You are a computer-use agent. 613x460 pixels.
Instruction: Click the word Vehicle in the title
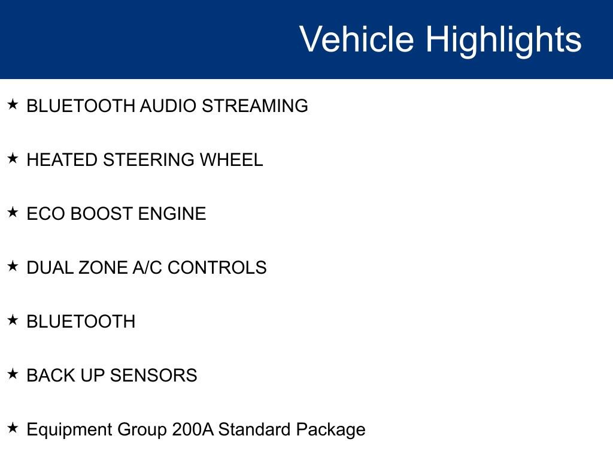pyautogui.click(x=356, y=40)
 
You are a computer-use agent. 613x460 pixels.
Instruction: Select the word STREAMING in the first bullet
pyautogui.click(x=254, y=106)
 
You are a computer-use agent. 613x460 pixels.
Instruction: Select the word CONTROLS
pyautogui.click(x=217, y=268)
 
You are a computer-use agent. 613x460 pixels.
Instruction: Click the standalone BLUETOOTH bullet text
pyautogui.click(x=81, y=322)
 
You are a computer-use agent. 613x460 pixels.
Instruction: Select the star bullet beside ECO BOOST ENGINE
pyautogui.click(x=13, y=212)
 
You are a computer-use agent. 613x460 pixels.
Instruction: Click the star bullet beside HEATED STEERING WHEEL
pyautogui.click(x=13, y=158)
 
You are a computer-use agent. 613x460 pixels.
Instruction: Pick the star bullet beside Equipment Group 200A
pyautogui.click(x=13, y=428)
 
